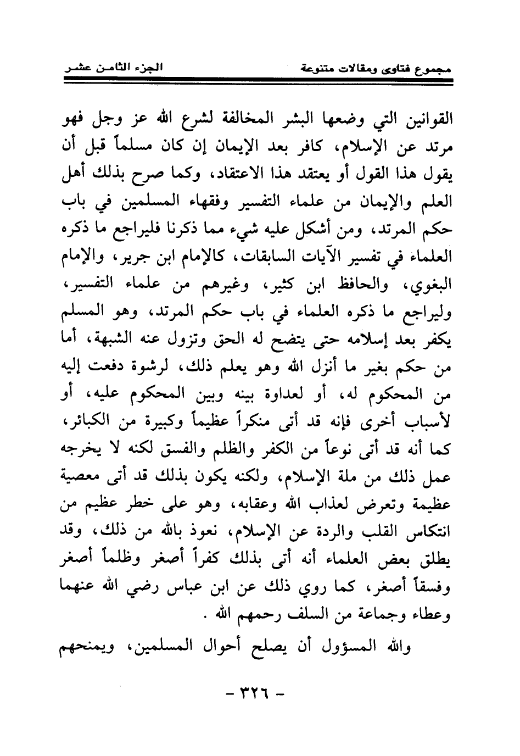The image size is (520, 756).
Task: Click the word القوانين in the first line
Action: click(x=424, y=118)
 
